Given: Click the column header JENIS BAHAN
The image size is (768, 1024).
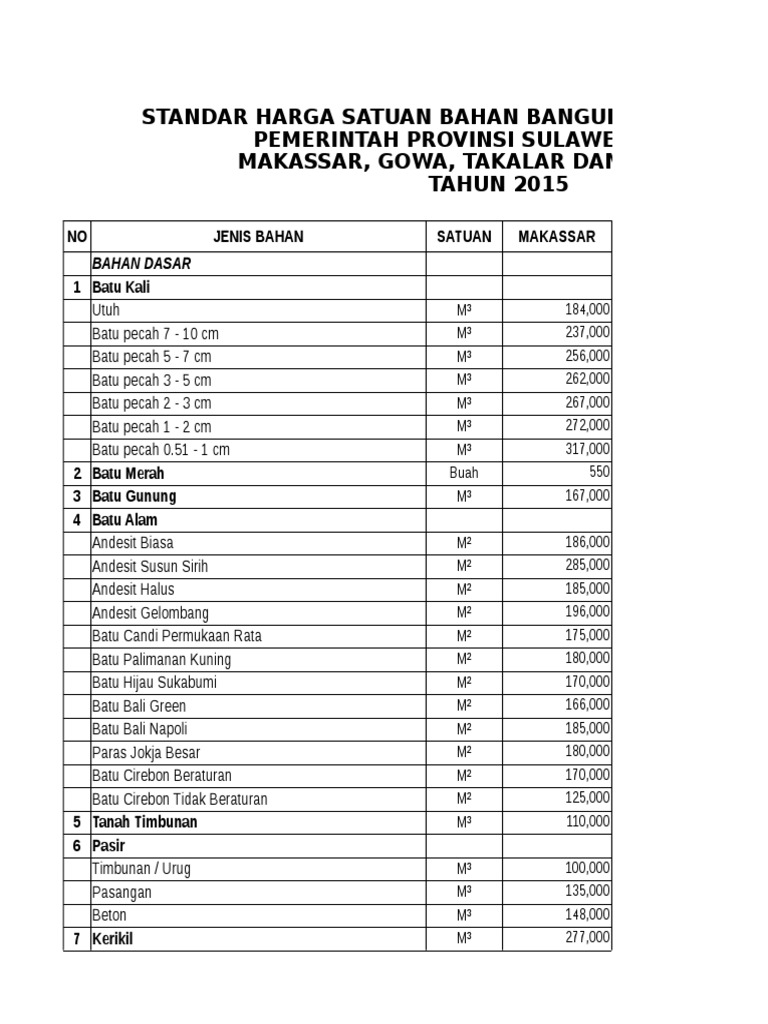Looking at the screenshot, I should tap(258, 237).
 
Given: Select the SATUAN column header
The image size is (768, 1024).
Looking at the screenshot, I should tap(464, 237).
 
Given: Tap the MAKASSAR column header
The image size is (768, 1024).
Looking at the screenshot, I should tap(556, 237).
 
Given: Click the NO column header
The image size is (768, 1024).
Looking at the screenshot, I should tap(77, 237).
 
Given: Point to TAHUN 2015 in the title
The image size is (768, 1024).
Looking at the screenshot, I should tap(498, 184).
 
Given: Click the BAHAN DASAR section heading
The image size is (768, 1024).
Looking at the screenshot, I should tap(141, 264).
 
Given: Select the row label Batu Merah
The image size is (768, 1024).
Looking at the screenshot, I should tap(128, 473).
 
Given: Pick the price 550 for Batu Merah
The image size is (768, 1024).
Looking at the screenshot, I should tap(599, 472).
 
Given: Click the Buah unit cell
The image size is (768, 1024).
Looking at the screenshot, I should tap(464, 473).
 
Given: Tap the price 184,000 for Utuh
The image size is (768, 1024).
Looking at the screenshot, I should tap(587, 310).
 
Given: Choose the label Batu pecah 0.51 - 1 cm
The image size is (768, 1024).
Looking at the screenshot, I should tap(161, 450).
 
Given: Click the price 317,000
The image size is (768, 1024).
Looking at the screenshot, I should tap(587, 449).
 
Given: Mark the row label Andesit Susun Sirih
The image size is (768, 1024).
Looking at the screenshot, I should tap(151, 566).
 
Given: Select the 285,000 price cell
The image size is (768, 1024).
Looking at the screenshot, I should tap(587, 565).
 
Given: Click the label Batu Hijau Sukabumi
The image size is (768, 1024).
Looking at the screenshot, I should tap(154, 683).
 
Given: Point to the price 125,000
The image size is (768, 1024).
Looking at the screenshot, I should tap(587, 798).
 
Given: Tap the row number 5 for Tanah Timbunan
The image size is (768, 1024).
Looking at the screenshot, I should tap(77, 822).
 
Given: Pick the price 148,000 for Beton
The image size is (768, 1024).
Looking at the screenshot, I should tap(587, 914).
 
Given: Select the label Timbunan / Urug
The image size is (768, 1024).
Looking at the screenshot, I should tap(141, 869).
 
